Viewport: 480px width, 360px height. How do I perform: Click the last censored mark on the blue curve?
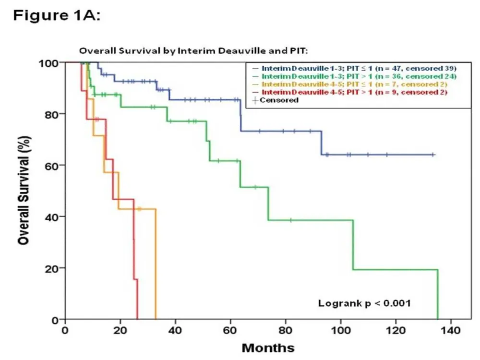click(x=433, y=155)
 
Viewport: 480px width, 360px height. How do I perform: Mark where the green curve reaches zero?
click(x=438, y=319)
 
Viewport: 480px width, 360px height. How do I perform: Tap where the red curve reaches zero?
click(x=137, y=319)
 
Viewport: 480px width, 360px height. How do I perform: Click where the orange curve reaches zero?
click(x=156, y=319)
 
